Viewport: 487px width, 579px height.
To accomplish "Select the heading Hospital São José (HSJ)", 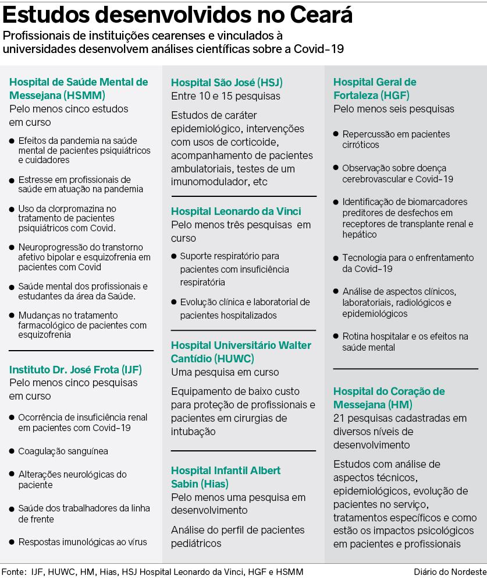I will [x=227, y=82].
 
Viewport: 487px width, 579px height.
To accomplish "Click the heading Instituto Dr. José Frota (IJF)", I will [x=76, y=369].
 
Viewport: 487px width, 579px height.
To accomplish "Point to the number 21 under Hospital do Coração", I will [x=339, y=418].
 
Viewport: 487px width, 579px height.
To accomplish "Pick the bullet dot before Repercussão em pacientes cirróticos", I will [x=336, y=134].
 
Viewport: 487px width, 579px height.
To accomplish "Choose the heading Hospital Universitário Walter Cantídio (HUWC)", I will [x=241, y=352].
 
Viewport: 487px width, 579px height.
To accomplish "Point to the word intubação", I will [x=194, y=432].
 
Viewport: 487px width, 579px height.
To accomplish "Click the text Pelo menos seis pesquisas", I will [x=394, y=109].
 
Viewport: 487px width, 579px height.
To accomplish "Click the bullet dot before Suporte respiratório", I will [x=174, y=256].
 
